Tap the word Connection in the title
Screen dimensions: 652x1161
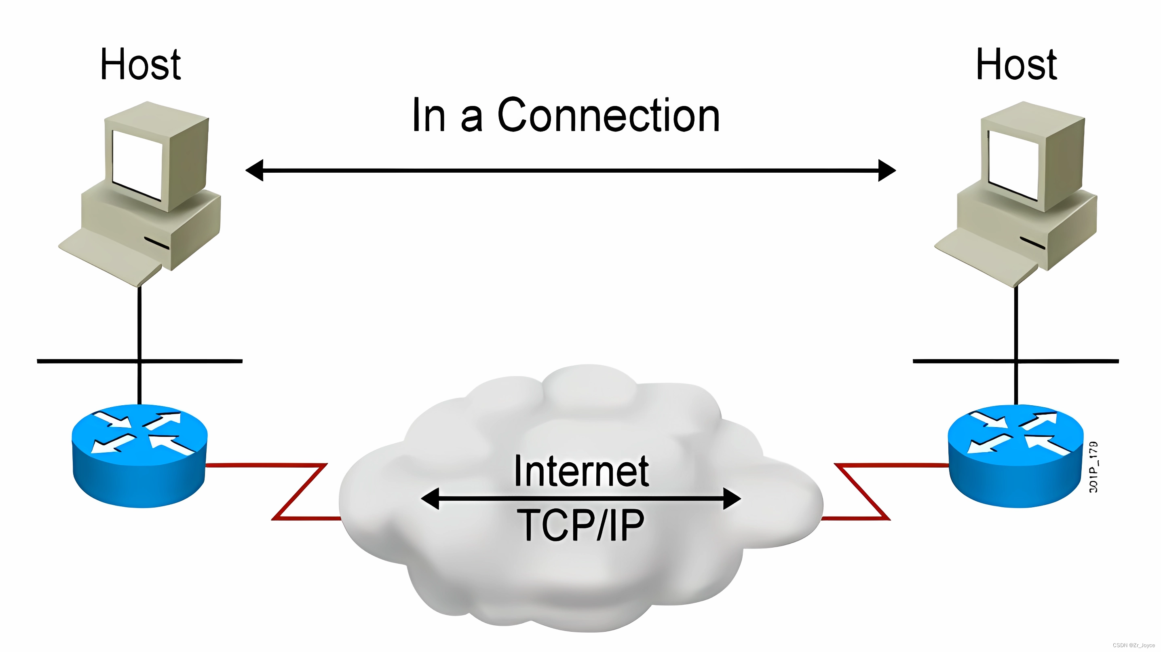pos(608,115)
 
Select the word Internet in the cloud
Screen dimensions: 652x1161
pos(581,471)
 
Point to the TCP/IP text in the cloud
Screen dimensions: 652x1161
pos(581,525)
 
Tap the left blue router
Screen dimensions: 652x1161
pos(139,455)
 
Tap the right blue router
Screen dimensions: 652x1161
pos(1015,455)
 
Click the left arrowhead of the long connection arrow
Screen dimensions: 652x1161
pos(255,170)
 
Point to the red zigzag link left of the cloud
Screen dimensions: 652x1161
pos(298,491)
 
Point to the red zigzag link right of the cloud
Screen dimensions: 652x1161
pos(862,491)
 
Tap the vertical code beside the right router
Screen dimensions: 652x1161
pos(1093,467)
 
